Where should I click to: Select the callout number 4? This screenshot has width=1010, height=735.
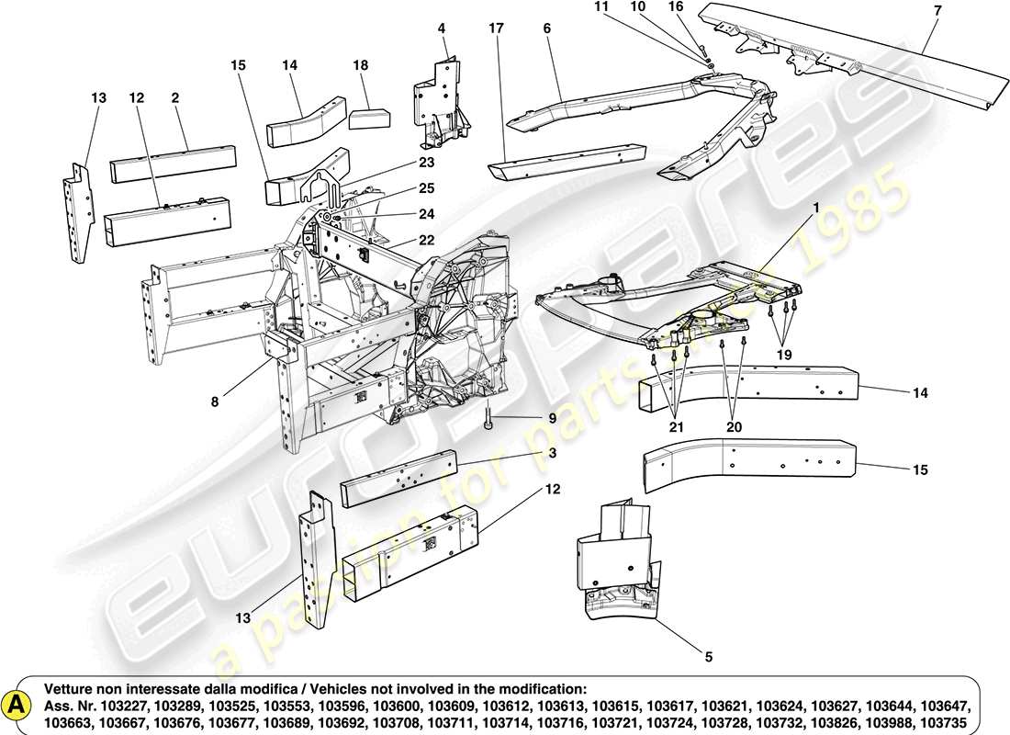[x=442, y=28]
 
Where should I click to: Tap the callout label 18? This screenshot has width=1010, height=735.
[x=361, y=65]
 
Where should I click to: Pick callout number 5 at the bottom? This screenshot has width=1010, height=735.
[x=707, y=656]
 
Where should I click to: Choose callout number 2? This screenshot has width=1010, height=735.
[x=174, y=96]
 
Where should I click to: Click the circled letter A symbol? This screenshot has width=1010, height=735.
[x=16, y=703]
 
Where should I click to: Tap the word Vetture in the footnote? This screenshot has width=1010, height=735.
[x=71, y=689]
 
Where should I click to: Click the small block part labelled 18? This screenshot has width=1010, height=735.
[x=371, y=116]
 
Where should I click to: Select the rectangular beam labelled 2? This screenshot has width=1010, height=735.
[x=170, y=165]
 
